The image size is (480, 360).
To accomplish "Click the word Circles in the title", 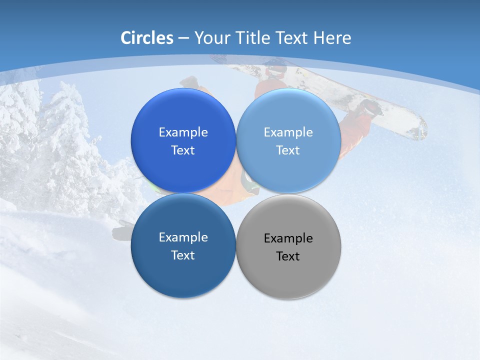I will pos(147,38).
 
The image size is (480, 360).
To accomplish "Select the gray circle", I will pos(288,246).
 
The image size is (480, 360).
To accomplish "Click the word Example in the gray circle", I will pos(288,238).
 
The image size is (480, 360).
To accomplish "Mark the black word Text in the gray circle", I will pos(288,256).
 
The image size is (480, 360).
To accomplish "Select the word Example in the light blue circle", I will pos(288,132).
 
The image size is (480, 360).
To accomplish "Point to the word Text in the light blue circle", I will pos(288,150).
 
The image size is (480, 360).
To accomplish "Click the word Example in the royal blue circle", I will pos(183,132).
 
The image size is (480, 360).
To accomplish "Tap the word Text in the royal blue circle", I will pos(183,150).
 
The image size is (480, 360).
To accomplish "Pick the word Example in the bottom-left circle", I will pos(183,237).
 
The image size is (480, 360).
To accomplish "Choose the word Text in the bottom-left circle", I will pos(183,255).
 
